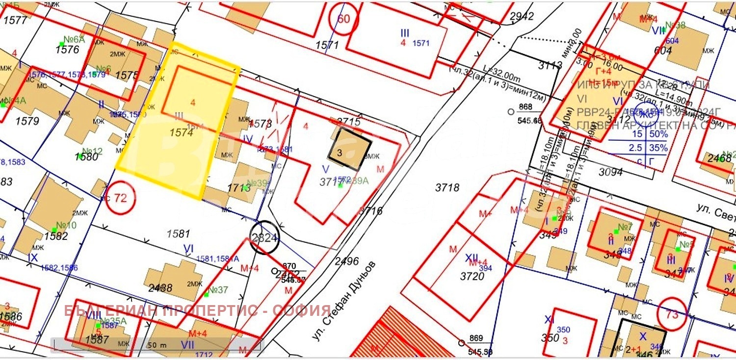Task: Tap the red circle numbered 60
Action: pos(344,20)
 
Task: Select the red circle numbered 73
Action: pos(672,314)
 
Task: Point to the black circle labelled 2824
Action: pos(264,238)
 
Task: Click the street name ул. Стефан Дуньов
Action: pos(343,300)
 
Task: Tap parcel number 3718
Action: pos(447,187)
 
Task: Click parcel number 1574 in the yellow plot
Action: pos(182,132)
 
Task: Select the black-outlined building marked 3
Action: pos(349,149)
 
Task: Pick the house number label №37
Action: pos(217,290)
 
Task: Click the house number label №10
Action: pos(66,225)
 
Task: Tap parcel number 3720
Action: pos(472,277)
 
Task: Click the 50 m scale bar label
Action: pos(157,345)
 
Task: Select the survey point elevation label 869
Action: pos(476,338)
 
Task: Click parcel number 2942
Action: pos(522,17)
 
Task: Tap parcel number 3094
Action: pos(610,172)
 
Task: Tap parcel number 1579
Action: pos(27,120)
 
